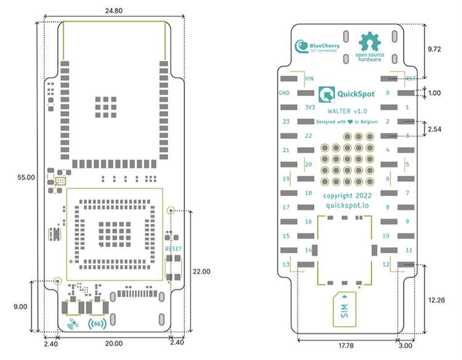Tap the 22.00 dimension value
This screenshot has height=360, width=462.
click(201, 271)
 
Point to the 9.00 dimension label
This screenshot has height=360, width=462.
click(21, 305)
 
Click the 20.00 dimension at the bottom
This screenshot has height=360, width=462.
click(114, 343)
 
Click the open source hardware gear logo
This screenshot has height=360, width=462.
click(370, 42)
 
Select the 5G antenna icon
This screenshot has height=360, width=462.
click(97, 322)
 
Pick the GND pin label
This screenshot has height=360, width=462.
click(284, 93)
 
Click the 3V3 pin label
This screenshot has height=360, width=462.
click(310, 107)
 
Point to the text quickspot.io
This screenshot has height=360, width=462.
click(349, 207)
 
